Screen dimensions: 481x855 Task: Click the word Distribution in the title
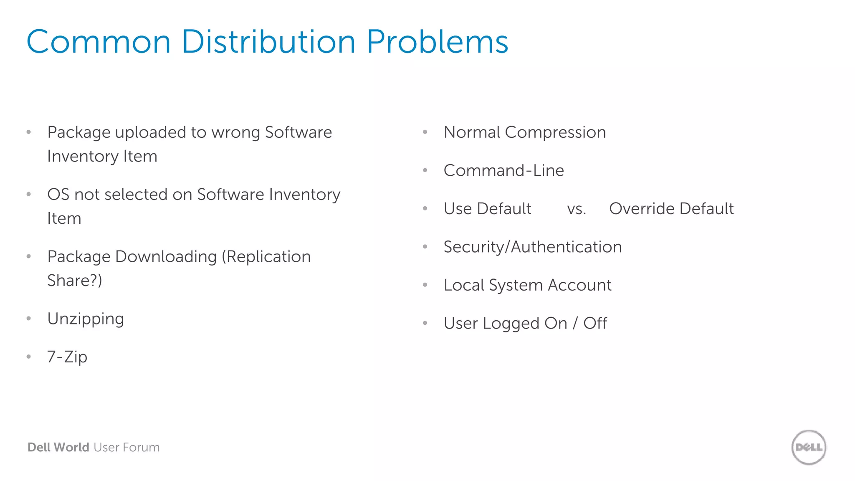coord(268,42)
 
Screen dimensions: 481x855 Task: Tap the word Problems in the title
coord(437,42)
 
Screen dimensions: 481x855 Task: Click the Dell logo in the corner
coord(809,447)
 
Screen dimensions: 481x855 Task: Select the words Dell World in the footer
coord(58,447)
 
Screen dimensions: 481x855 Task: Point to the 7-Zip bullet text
coord(67,357)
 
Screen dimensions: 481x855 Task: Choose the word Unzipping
coord(86,319)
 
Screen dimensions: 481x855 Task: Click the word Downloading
coord(166,257)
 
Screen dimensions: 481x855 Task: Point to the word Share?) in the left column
coord(75,281)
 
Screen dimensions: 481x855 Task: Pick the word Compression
coord(555,132)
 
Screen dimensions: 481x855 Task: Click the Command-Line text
coord(503,170)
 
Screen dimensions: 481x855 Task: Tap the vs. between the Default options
coord(577,209)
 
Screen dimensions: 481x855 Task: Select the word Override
coord(642,209)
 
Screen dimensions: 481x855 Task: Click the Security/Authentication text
coord(532,247)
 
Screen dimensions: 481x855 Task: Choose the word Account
coord(579,285)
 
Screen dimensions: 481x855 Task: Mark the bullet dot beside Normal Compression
coord(425,132)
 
